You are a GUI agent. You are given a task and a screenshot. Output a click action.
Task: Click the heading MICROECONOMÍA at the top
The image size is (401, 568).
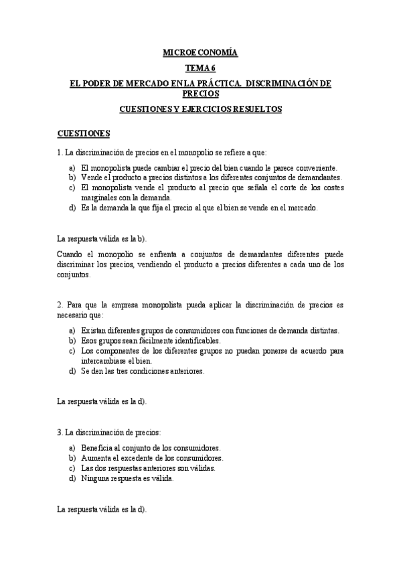(x=200, y=52)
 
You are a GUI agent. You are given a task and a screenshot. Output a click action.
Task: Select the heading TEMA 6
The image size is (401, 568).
(x=201, y=68)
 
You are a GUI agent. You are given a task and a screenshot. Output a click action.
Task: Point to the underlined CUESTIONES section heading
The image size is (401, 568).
(x=84, y=133)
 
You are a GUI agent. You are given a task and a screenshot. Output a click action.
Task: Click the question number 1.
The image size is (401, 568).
(x=60, y=152)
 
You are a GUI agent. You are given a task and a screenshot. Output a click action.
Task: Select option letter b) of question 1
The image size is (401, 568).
(x=72, y=177)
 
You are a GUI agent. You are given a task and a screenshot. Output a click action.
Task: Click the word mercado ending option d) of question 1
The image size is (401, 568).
(x=303, y=208)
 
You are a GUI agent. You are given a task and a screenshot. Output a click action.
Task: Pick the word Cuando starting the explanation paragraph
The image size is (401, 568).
(x=72, y=255)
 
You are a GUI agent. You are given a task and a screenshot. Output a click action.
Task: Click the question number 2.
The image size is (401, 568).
(x=60, y=305)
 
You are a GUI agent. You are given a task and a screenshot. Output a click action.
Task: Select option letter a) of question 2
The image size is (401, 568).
(x=72, y=330)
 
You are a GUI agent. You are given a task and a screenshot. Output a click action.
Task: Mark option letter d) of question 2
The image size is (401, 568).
(x=72, y=370)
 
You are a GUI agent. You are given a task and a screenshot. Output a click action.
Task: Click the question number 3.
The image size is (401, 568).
(x=60, y=432)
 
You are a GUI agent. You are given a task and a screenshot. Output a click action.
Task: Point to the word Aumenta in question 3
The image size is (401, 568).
(x=95, y=458)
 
